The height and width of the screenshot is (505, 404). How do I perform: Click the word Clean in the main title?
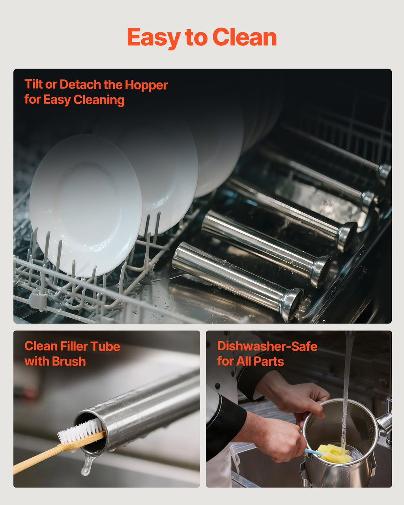[245, 37]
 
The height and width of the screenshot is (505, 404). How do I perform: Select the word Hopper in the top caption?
[146, 85]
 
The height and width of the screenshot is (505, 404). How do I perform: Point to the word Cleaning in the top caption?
[99, 100]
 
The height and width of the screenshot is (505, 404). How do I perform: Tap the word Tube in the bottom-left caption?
[105, 346]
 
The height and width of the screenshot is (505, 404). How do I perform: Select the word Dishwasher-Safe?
[267, 346]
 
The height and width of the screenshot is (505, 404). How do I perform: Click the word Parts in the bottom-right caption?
[269, 361]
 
